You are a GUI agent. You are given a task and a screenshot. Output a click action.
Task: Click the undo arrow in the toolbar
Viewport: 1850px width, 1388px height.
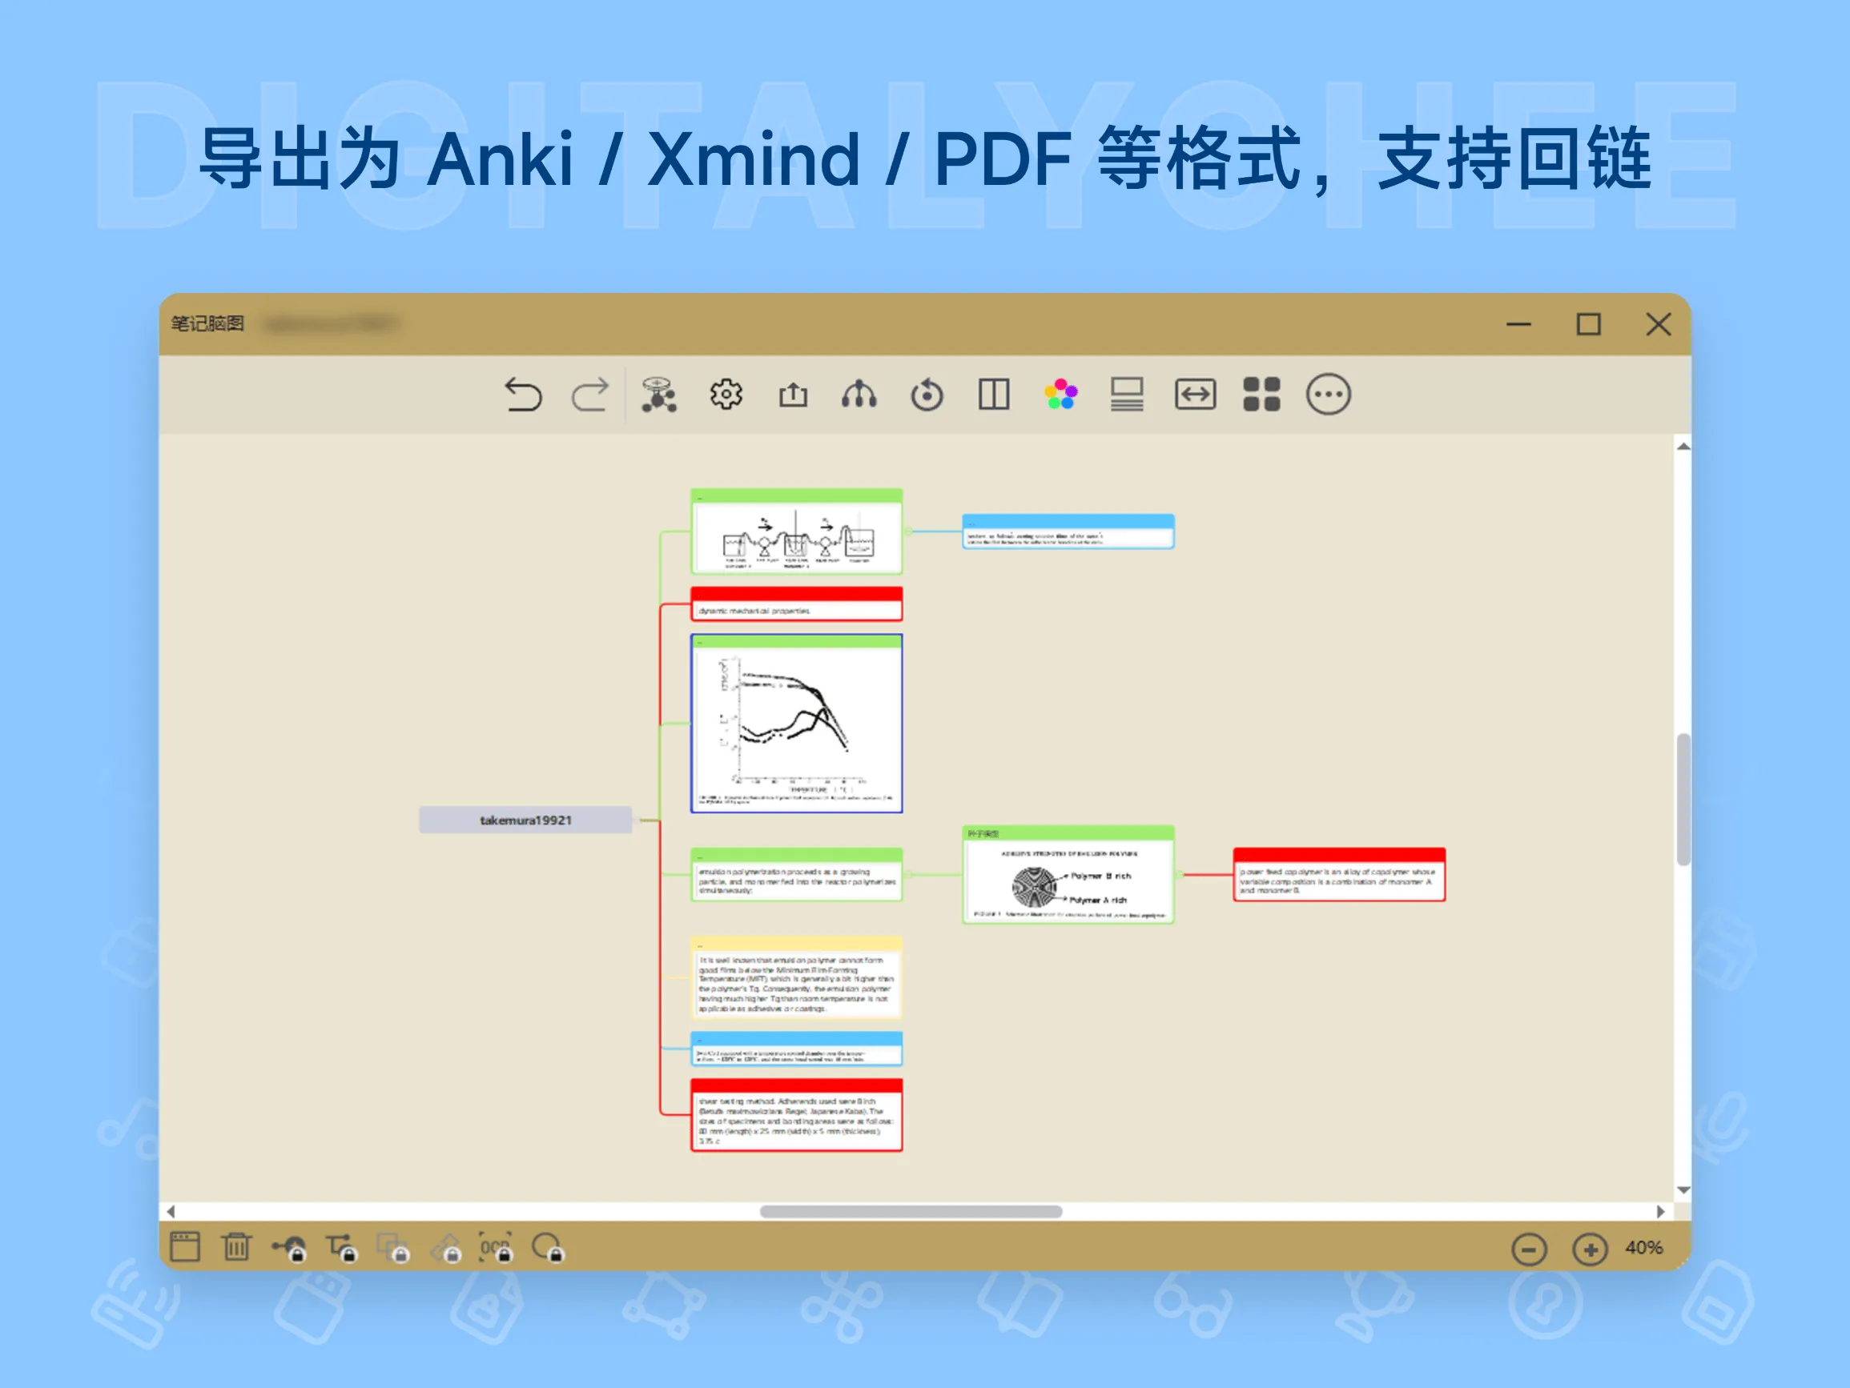click(524, 395)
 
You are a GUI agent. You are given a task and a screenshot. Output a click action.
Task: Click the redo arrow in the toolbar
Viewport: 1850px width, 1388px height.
click(590, 395)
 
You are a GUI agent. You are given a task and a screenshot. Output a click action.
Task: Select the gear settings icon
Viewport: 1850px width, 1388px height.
click(726, 394)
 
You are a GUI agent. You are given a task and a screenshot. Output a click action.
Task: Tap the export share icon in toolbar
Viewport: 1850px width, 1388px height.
click(793, 394)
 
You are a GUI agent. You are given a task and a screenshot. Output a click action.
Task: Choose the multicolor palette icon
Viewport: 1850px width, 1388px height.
click(1060, 394)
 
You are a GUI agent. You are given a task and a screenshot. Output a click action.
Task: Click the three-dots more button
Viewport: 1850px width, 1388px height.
click(1328, 394)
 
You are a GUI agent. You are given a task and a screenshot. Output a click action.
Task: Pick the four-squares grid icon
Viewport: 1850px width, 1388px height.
click(1261, 394)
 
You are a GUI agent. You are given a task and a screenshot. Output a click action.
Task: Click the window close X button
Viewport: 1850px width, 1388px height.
click(1658, 324)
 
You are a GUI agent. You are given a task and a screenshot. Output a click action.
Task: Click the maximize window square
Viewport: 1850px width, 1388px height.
click(1588, 324)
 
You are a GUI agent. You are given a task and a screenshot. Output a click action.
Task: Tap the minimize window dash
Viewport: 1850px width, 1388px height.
click(1518, 324)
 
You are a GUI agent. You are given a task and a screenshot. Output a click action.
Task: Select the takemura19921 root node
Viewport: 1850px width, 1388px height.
click(525, 820)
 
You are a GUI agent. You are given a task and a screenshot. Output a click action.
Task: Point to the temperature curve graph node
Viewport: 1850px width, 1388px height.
click(796, 724)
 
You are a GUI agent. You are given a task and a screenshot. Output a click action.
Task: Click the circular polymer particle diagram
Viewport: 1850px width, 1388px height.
click(1035, 887)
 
